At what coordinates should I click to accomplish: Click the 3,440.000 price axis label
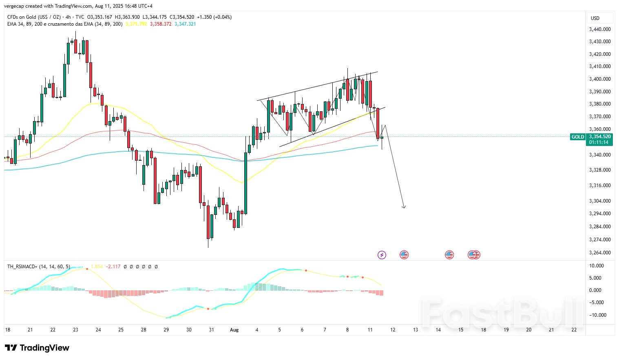pyautogui.click(x=600, y=29)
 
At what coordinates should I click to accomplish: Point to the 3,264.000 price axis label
pyautogui.click(x=600, y=253)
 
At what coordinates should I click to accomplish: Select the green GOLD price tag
pyautogui.click(x=577, y=137)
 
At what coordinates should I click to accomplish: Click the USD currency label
pyautogui.click(x=595, y=18)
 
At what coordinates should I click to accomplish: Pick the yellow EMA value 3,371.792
pyautogui.click(x=136, y=24)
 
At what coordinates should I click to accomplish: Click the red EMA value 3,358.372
pyautogui.click(x=161, y=24)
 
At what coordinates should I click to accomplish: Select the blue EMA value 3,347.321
pyautogui.click(x=185, y=24)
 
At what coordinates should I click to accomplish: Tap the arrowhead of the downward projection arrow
pyautogui.click(x=404, y=207)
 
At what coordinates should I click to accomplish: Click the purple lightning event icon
pyautogui.click(x=382, y=255)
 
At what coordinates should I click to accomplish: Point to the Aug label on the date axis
pyautogui.click(x=234, y=330)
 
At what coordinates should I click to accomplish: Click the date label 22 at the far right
pyautogui.click(x=574, y=330)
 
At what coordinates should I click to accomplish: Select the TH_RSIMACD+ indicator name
pyautogui.click(x=22, y=267)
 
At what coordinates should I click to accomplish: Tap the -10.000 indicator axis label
pyautogui.click(x=598, y=315)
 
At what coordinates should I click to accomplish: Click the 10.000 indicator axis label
pyautogui.click(x=597, y=266)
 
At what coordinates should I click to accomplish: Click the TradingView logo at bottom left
pyautogui.click(x=37, y=348)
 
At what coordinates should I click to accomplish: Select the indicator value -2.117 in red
pyautogui.click(x=113, y=267)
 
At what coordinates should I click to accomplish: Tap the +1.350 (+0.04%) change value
pyautogui.click(x=214, y=17)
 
